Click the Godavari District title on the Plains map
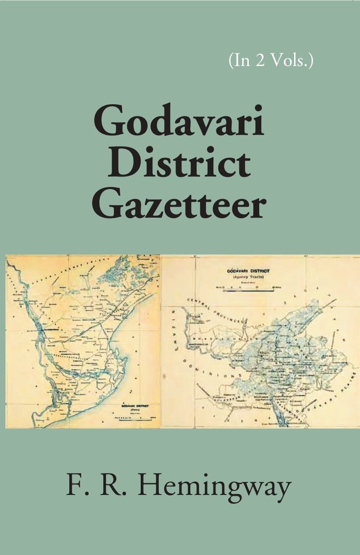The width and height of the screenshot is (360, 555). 134,406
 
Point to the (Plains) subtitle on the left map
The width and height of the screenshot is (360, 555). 134,410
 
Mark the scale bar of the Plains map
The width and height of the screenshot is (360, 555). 134,418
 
